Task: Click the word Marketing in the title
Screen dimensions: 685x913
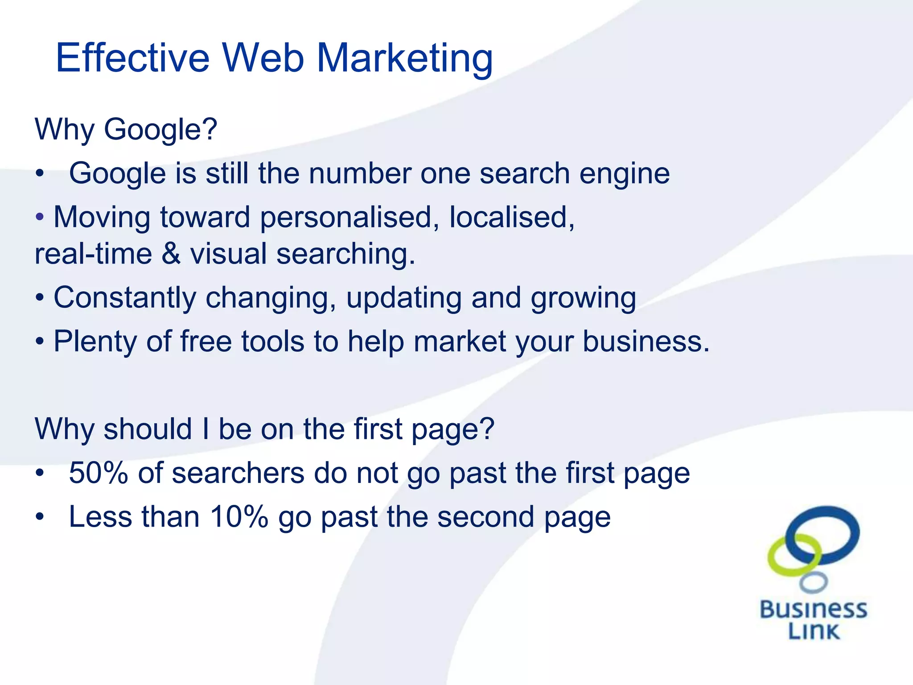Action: pyautogui.click(x=404, y=59)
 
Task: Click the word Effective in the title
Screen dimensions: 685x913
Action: pyautogui.click(x=132, y=58)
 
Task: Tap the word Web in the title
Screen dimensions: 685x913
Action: pyautogui.click(x=263, y=58)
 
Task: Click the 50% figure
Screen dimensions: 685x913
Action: pyautogui.click(x=99, y=473)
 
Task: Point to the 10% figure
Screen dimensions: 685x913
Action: pyautogui.click(x=239, y=517)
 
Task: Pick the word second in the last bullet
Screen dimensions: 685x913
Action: pyautogui.click(x=485, y=517)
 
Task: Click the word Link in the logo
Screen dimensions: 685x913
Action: pyautogui.click(x=814, y=631)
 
